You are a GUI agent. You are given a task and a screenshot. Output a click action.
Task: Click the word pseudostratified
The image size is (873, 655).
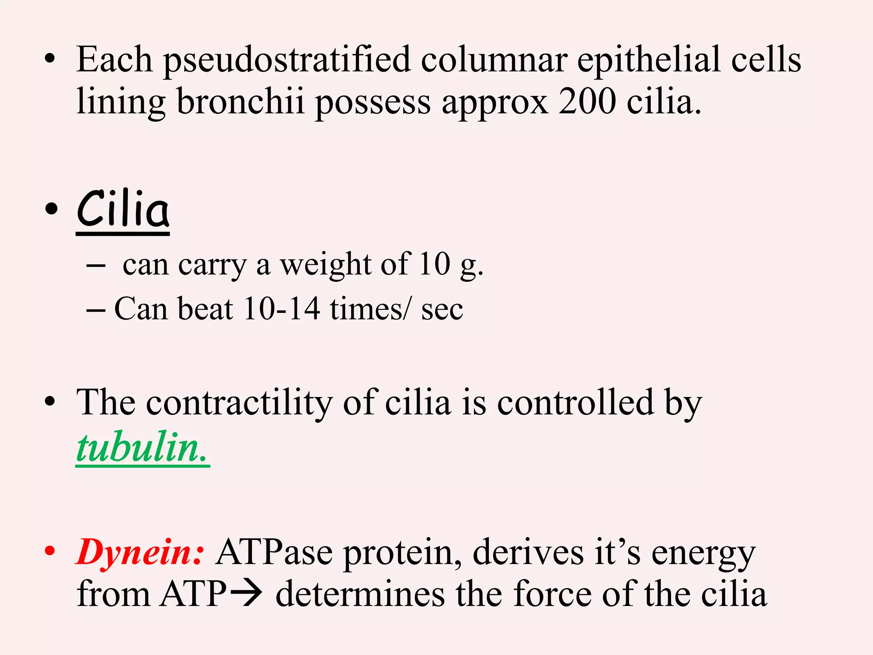[x=287, y=60]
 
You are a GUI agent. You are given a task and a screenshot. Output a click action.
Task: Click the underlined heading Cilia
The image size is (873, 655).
[x=123, y=210]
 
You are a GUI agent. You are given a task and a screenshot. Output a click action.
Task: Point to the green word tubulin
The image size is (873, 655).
[x=142, y=448]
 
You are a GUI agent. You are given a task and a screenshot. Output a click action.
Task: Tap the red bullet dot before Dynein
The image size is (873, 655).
[x=50, y=551]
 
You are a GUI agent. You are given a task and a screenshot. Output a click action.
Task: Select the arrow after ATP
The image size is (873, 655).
[x=246, y=594]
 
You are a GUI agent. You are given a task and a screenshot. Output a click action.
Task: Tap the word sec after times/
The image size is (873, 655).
[x=442, y=309]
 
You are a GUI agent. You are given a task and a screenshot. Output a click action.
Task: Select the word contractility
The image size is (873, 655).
[x=239, y=403]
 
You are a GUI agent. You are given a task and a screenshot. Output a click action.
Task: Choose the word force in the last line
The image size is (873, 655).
[x=552, y=594]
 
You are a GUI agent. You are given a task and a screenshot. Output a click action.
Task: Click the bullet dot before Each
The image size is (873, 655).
[x=50, y=59]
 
